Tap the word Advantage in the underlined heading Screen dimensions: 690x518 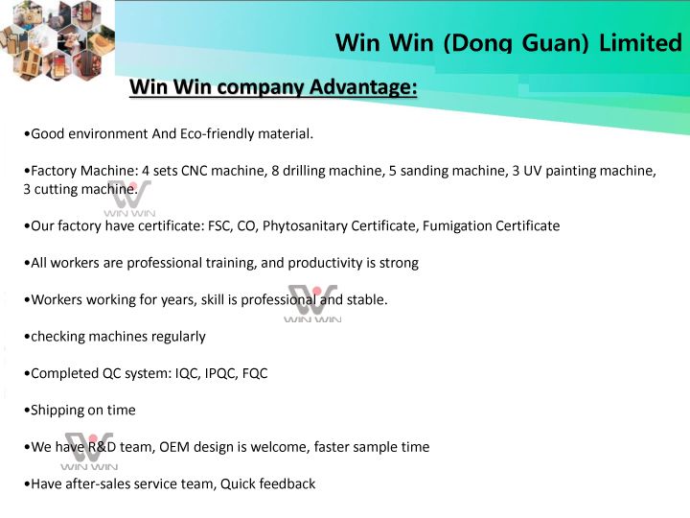(x=362, y=86)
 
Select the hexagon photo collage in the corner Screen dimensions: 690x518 (x=57, y=39)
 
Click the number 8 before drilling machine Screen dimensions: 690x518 (x=275, y=171)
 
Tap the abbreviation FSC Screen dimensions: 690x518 (x=220, y=226)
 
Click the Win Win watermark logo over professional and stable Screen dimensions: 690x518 (x=312, y=303)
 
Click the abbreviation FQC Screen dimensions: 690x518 (x=255, y=373)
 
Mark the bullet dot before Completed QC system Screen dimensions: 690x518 (x=27, y=374)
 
